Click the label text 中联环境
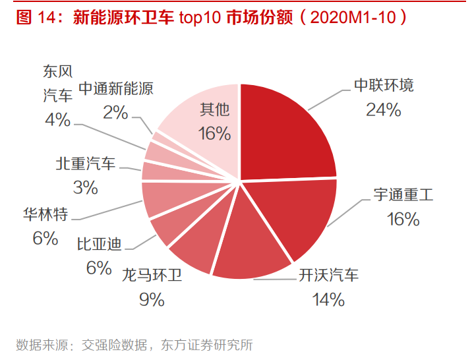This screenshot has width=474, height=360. point(384,86)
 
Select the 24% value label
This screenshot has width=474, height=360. point(384,109)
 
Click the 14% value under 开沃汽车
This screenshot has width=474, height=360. point(328,300)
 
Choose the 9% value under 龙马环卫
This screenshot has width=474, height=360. point(151,300)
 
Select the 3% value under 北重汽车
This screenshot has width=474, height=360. point(85,188)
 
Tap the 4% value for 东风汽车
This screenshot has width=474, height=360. point(57,119)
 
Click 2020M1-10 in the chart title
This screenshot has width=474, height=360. point(353,18)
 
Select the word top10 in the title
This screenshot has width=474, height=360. point(200,18)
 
